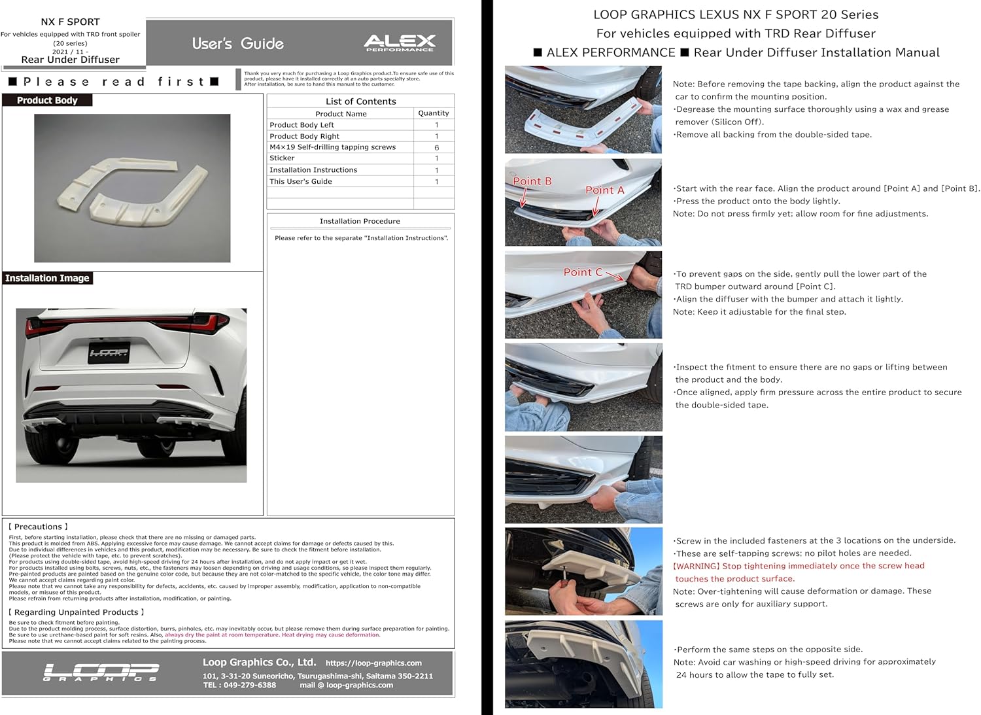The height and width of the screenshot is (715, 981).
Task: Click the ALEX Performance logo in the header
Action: coord(399,43)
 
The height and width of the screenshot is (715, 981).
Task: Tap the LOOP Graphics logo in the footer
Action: coord(101,672)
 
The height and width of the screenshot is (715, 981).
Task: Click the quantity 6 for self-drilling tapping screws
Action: coord(436,148)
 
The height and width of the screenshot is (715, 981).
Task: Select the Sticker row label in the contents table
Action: coord(282,158)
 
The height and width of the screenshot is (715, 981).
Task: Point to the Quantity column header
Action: coord(434,113)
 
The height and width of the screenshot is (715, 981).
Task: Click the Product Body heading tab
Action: coord(47,100)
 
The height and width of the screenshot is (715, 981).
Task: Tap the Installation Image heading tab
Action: coord(47,278)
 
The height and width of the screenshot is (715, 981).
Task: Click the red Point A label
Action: coord(604,190)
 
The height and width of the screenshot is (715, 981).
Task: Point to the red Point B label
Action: coord(532,181)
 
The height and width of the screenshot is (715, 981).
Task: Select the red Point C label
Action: coord(583,272)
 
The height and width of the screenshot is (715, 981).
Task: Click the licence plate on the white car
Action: coord(109,353)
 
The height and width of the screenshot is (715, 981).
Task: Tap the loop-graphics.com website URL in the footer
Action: coord(373,663)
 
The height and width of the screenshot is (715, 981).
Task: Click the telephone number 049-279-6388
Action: coord(249,686)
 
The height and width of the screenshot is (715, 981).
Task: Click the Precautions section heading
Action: coord(38,527)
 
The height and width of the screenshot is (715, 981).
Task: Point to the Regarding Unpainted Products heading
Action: coord(76,612)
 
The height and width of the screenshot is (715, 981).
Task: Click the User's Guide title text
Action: coord(238,44)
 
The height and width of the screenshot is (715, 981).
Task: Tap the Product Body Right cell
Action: coord(304,136)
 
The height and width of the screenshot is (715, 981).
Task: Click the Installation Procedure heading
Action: coord(360,221)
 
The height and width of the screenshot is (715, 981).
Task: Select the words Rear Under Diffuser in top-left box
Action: coord(71,60)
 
